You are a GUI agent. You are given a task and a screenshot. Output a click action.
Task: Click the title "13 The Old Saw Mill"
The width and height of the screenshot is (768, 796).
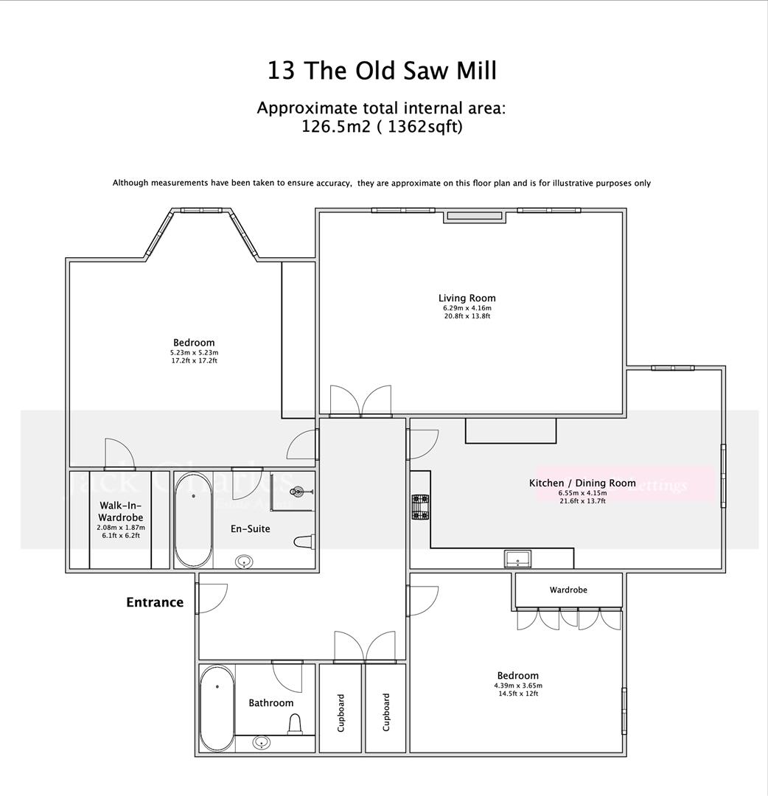pos(382,71)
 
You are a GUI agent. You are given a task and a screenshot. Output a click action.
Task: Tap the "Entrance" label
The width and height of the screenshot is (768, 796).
pos(155,602)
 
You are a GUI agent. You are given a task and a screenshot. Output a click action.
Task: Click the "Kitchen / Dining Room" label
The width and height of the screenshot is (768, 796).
pos(582,483)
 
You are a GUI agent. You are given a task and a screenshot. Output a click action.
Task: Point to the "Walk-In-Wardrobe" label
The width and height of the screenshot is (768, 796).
pos(121,512)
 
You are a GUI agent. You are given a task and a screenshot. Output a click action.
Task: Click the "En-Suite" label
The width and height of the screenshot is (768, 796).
pos(251,528)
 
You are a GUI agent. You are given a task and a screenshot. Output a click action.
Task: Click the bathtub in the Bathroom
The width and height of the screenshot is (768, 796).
pos(217,708)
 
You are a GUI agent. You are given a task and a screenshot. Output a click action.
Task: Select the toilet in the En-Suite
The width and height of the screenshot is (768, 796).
pos(303,542)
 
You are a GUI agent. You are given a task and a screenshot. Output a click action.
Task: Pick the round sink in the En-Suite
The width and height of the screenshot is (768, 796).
pos(244,562)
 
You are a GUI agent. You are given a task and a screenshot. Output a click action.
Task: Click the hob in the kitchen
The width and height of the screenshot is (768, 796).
pos(420,507)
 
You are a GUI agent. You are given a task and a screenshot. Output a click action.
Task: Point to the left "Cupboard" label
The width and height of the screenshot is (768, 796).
pos(341,712)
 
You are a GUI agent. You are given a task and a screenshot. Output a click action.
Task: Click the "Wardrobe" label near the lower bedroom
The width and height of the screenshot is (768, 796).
pos(568,590)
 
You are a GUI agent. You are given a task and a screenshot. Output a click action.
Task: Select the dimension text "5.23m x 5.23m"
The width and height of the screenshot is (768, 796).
pos(194,352)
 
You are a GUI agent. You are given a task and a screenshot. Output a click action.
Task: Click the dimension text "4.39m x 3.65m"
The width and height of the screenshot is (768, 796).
pos(517,685)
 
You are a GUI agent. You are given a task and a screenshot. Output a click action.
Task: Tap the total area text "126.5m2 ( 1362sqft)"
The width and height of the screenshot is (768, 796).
pos(382,126)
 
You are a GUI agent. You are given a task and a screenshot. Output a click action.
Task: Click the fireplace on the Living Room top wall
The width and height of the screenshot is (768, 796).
pos(475,216)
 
